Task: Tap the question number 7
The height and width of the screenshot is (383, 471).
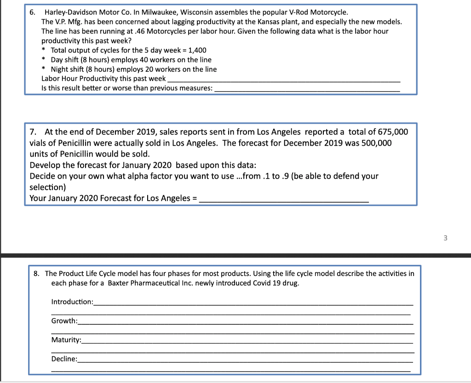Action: coord(33,132)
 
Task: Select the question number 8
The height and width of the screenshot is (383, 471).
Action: coord(37,274)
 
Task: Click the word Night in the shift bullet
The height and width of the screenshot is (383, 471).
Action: coord(59,69)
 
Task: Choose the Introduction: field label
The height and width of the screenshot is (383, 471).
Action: coord(72,302)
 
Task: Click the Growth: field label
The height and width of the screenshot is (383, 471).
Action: coord(64,321)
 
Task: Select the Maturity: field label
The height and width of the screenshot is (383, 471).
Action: coord(66,340)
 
